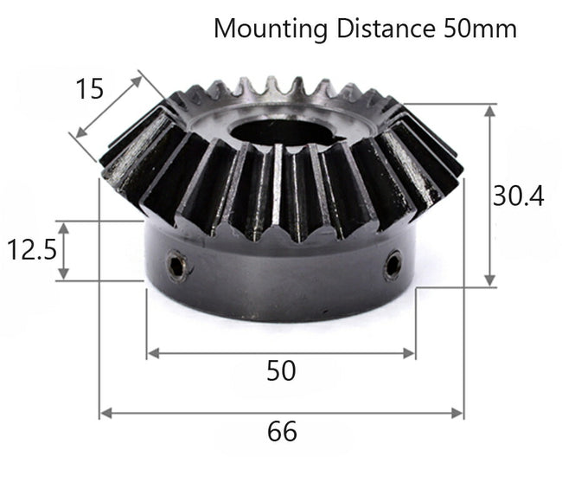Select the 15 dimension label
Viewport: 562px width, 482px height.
coord(89,88)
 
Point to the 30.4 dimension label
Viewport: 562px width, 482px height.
coord(518,196)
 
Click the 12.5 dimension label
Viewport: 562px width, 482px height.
coord(32,250)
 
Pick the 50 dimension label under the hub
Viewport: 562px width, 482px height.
coord(281,370)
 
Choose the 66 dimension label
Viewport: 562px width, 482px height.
coord(282,431)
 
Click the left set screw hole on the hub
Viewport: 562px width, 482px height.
coord(176,266)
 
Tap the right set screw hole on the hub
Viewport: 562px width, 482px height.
coord(393,264)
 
